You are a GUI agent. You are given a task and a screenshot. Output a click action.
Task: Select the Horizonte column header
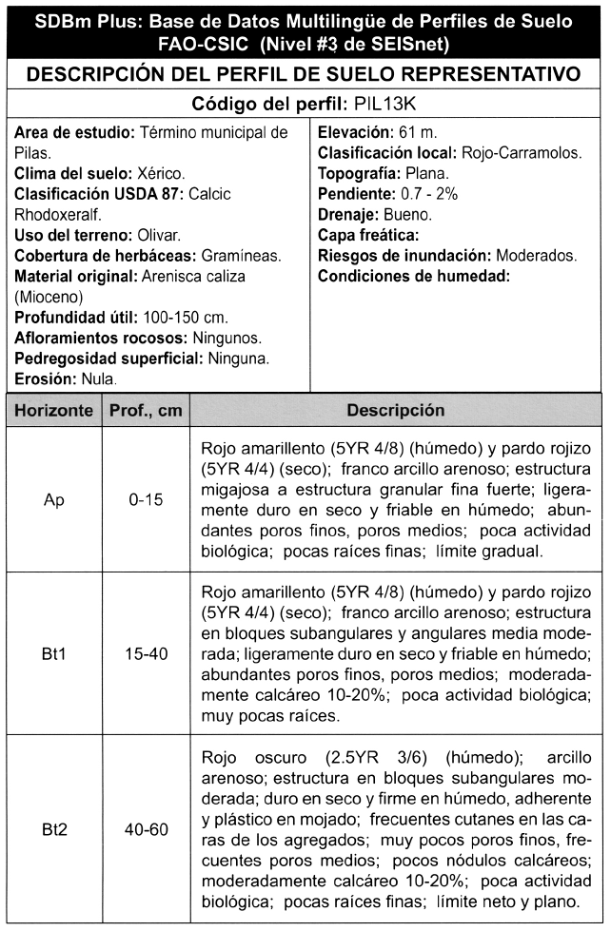53,411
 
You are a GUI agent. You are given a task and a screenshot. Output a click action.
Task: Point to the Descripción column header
395,411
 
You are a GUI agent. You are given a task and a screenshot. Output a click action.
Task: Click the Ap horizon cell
53,499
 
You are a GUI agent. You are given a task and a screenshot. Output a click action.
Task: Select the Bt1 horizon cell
53,653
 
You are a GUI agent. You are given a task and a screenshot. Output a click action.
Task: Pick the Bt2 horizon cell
53,830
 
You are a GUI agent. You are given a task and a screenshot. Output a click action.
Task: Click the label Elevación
355,132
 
